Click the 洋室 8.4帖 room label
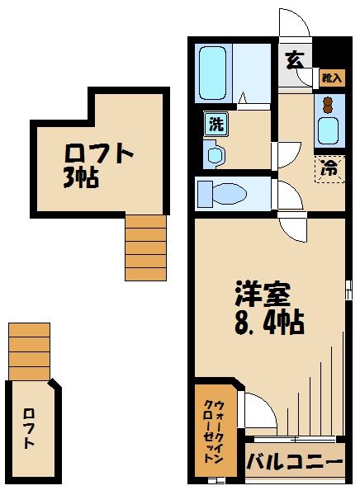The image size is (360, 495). pyautogui.click(x=269, y=307)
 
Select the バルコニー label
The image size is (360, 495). pyautogui.click(x=294, y=461)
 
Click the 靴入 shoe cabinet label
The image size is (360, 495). pyautogui.click(x=331, y=78)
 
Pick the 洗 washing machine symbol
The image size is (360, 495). pyautogui.click(x=216, y=125)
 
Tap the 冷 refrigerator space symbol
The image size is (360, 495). pyautogui.click(x=329, y=168)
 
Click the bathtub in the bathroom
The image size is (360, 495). pyautogui.click(x=214, y=73)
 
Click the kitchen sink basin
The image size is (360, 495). pyautogui.click(x=329, y=130)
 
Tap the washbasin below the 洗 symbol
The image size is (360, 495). pyautogui.click(x=215, y=153)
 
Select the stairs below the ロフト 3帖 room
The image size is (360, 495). pyautogui.click(x=145, y=246)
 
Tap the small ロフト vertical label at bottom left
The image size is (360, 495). pyautogui.click(x=30, y=428)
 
